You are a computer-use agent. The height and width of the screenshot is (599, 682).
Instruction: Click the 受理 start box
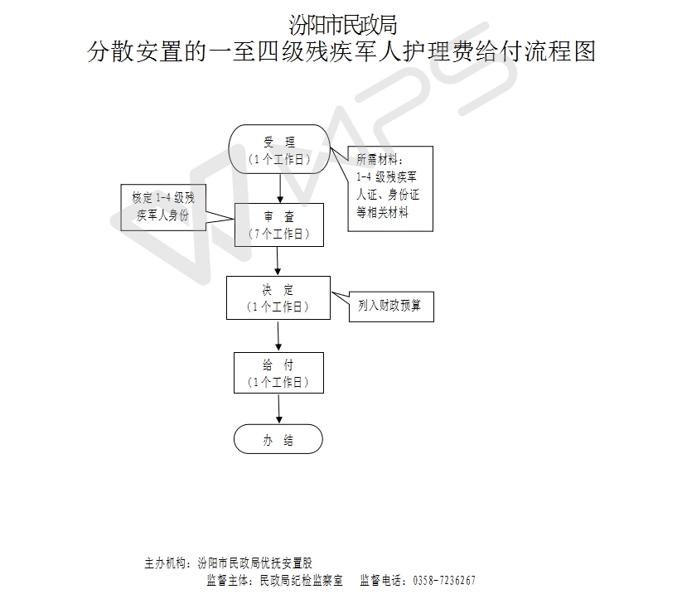point(279,149)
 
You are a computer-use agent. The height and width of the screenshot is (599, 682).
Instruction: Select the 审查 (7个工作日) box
point(279,225)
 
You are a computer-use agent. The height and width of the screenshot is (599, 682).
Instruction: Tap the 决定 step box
point(278,298)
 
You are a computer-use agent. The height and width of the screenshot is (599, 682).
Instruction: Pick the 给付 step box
point(278,373)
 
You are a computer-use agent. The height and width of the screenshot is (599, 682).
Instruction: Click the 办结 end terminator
point(278,439)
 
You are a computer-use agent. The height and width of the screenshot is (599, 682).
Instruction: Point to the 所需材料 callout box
point(390,189)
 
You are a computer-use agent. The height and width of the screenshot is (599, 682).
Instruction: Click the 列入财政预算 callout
point(391,307)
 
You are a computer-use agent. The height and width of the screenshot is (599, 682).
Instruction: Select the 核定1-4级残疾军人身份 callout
point(163,207)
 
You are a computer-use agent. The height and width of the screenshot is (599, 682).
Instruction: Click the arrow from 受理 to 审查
point(280,188)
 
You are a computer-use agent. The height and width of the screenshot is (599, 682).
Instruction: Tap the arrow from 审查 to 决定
point(278,261)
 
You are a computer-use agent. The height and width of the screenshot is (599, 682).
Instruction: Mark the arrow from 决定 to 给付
point(278,336)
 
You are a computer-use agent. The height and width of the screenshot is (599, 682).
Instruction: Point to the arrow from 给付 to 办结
point(278,409)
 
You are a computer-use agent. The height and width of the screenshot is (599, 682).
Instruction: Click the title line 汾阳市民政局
point(343,25)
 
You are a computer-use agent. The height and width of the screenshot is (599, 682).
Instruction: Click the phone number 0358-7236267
point(444,581)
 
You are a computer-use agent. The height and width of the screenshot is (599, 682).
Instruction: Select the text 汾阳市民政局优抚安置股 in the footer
point(255,563)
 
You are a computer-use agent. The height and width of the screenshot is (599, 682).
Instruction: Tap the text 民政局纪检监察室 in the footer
point(301,581)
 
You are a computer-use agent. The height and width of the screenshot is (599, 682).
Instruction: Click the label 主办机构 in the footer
point(165,563)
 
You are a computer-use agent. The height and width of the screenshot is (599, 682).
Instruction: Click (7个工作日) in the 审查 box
point(278,234)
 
